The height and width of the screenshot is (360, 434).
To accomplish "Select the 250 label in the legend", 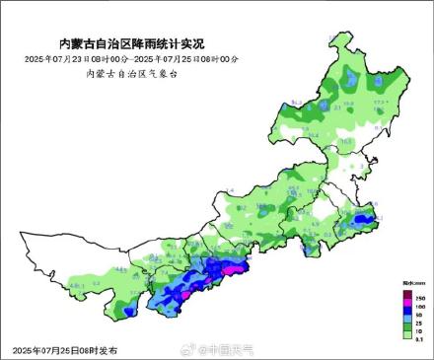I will click(419, 297).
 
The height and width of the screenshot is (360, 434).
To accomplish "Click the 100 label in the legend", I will click(419, 306).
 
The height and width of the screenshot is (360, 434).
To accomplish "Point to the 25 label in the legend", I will click(419, 323).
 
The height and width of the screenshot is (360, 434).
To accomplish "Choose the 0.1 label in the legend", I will click(419, 339).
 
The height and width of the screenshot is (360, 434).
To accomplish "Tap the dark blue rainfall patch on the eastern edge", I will click(364, 219).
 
